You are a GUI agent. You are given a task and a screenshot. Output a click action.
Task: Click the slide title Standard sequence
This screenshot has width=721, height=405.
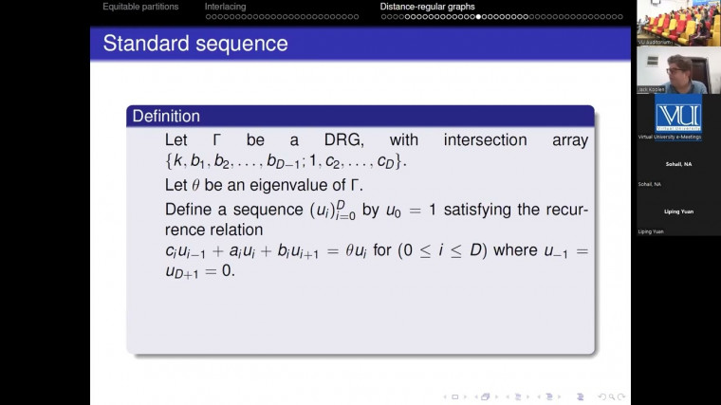[x=194, y=44]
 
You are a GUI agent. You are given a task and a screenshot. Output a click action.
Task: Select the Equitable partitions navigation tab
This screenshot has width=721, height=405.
[x=140, y=7]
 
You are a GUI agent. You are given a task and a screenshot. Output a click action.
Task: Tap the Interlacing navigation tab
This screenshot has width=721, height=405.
[x=225, y=7]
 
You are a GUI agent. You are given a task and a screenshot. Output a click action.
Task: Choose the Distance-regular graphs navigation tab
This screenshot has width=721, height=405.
[x=427, y=7]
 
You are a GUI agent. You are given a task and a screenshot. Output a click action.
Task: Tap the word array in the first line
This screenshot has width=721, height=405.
[x=568, y=140]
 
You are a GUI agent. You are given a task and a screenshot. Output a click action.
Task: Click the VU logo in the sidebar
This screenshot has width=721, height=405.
[x=678, y=115]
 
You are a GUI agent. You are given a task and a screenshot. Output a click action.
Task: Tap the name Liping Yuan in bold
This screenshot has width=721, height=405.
[x=678, y=212]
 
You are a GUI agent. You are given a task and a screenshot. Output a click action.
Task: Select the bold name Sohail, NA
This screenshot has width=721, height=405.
[x=678, y=163]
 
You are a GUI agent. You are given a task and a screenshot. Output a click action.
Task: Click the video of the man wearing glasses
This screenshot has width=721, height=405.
[x=678, y=73]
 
